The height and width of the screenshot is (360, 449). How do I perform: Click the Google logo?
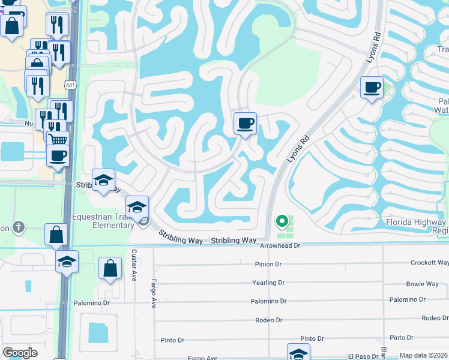(20, 353)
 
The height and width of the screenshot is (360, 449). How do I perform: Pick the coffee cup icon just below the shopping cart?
(58, 157)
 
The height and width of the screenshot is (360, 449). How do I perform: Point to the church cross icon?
(19, 227)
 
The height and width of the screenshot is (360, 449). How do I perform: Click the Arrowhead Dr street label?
(280, 245)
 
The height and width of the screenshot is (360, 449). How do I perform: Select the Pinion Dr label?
(268, 264)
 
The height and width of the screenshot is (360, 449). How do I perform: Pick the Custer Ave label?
(134, 264)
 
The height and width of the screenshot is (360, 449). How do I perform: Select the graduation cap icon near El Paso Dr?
(298, 353)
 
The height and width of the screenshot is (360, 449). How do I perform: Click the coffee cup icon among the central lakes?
(245, 124)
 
